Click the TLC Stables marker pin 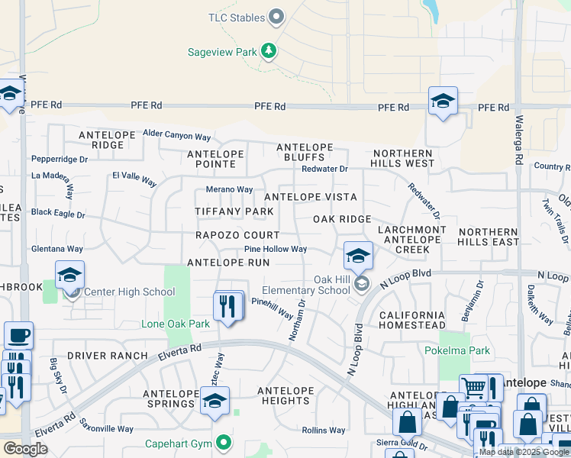(277, 17)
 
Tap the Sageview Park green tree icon (268, 51)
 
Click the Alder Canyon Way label (176, 137)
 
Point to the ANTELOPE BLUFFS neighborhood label (305, 152)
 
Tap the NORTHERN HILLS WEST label (403, 158)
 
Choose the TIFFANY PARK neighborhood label (234, 211)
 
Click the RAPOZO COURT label (237, 235)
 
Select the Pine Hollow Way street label (276, 249)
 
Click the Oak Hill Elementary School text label (306, 284)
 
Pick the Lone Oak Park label (176, 324)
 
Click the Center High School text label (129, 292)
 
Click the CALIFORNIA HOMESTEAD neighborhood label (411, 320)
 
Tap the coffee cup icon (18, 335)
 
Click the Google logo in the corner (24, 448)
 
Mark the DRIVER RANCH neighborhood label (107, 356)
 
